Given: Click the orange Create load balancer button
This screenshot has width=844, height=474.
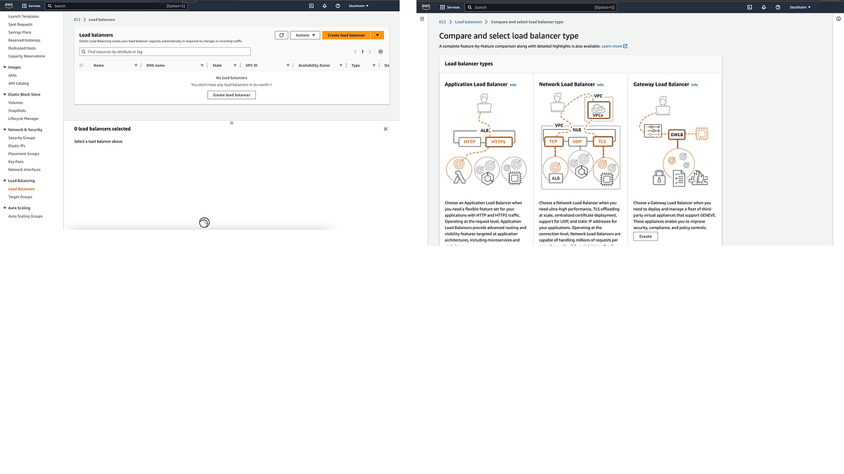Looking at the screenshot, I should coord(346,35).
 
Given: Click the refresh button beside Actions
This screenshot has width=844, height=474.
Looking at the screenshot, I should coord(281,35).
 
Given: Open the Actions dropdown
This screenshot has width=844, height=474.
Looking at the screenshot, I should coord(305,35).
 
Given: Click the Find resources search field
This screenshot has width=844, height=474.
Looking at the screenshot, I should coord(165,52).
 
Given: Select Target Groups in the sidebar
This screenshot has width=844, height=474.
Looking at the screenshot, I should coord(20,197).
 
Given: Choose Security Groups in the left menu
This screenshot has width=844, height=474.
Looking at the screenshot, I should coord(22,138).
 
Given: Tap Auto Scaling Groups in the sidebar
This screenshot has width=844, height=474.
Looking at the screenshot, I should coord(25,216).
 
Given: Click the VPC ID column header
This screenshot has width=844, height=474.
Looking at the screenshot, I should coord(251,65).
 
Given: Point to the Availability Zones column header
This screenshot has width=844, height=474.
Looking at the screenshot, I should coord(314,65).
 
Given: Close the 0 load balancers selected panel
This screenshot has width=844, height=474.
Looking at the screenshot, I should coord(385,129).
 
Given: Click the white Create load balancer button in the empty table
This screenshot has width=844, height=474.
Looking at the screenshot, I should coord(231,95).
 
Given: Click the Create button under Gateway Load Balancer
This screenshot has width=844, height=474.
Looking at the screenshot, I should coord(645,236).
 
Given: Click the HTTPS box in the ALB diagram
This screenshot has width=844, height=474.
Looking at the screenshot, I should coord(499,142).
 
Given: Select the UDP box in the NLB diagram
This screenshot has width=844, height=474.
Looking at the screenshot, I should coord(577,142).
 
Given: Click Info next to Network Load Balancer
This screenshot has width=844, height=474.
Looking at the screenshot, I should coord(600,85).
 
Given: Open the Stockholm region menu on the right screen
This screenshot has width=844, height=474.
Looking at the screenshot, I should coord(800,7).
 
